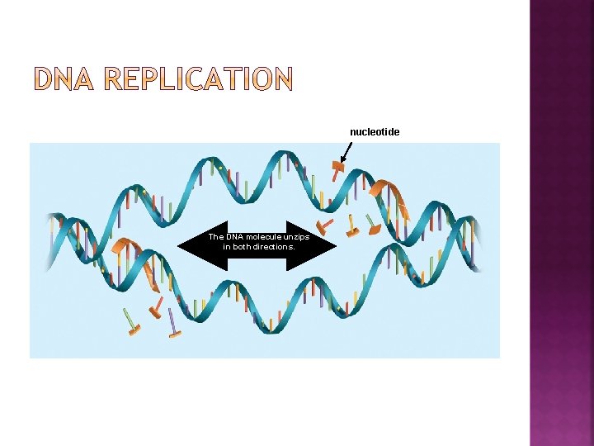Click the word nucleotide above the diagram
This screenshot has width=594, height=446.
[x=375, y=132]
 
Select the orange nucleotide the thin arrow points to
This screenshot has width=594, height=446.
[x=337, y=168]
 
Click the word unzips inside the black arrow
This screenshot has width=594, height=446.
[x=294, y=237]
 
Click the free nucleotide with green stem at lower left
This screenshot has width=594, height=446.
[x=132, y=322]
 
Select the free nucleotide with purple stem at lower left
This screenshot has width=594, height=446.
[x=173, y=325]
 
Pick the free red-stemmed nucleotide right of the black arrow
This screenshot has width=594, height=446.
[x=326, y=224]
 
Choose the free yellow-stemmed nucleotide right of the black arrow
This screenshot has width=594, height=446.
[x=352, y=226]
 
